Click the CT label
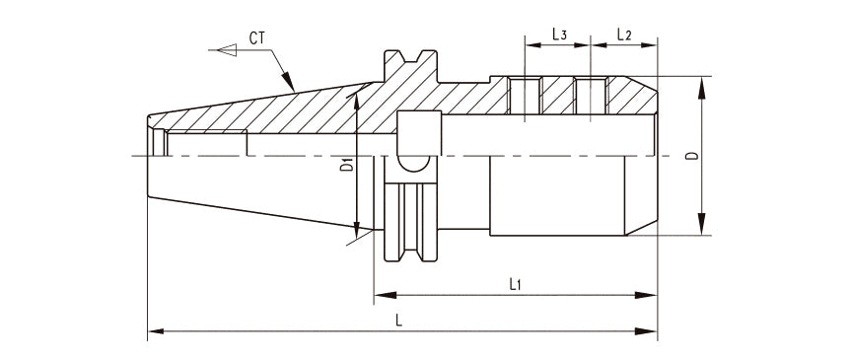(x=257, y=37)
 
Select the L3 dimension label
(x=560, y=35)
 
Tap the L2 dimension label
(x=624, y=35)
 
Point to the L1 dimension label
(x=515, y=284)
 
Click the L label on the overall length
(x=398, y=321)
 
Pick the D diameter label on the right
(x=691, y=156)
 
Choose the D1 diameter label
(x=347, y=165)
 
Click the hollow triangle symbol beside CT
(x=227, y=50)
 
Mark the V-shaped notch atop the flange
(x=411, y=55)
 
